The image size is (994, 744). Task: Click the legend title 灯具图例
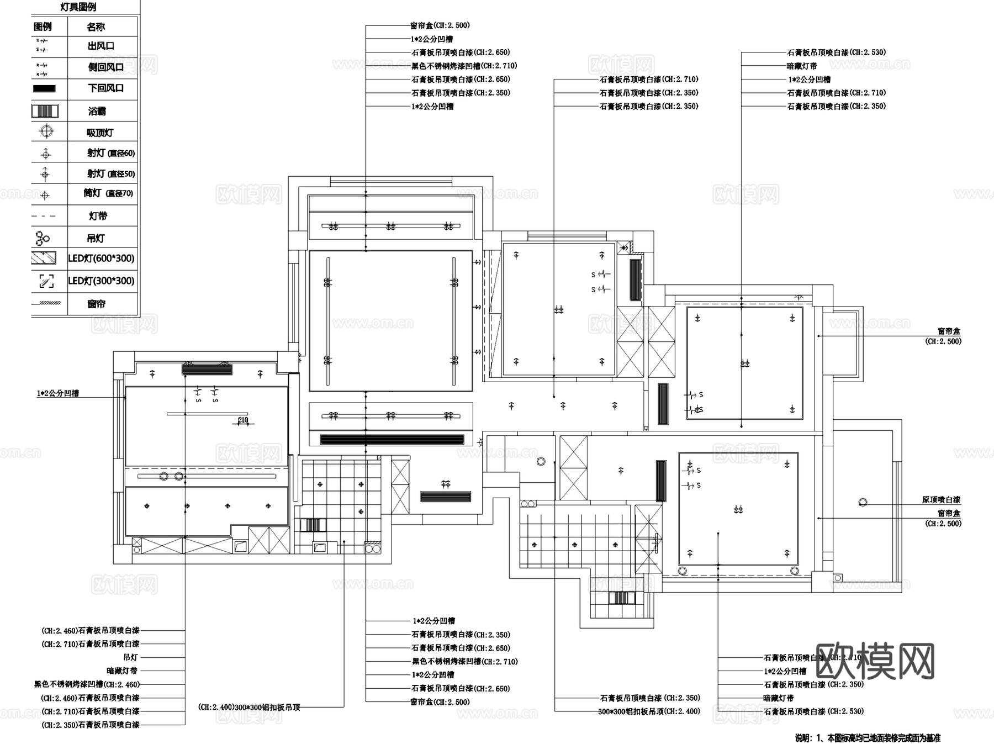pos(78,7)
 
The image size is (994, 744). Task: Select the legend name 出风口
pos(101,46)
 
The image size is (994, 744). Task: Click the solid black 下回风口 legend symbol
pos(45,88)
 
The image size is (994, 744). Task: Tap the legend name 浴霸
pos(97,111)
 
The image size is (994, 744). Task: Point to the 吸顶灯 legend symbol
pos(46,131)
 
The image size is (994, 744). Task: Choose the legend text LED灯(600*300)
pos(101,258)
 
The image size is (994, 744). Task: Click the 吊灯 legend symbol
pos(43,238)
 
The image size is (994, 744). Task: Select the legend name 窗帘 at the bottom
pos(96,304)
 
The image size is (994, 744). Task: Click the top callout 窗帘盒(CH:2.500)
pos(440,25)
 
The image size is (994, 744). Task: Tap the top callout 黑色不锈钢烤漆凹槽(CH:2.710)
pos(464,66)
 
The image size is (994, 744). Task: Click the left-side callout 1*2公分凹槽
pos(58,393)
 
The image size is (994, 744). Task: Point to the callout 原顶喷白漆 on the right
pos(941,499)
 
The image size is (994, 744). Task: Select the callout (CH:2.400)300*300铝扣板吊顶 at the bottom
pos(249,707)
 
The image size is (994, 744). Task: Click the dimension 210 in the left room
pos(243,420)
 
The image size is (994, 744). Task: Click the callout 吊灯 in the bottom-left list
pos(130,657)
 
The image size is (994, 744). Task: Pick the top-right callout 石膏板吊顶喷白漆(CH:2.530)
pos(836,52)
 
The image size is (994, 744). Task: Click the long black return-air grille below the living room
pos(393,440)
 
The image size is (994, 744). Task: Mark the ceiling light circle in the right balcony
pos(863,502)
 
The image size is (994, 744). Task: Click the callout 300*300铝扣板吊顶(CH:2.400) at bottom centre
pos(649,711)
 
